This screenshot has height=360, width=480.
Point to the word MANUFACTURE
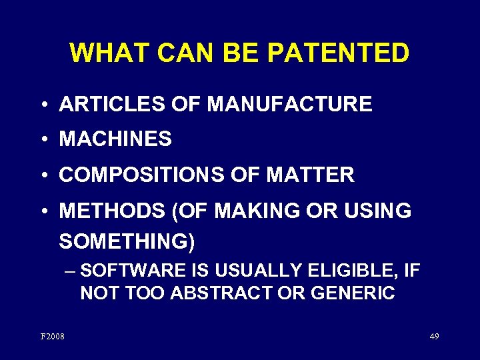click(289, 104)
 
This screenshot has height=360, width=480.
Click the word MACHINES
click(115, 139)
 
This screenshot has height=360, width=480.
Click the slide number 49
click(434, 337)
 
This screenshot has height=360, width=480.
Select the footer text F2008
click(53, 337)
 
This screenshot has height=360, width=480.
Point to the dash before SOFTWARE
click(71, 271)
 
